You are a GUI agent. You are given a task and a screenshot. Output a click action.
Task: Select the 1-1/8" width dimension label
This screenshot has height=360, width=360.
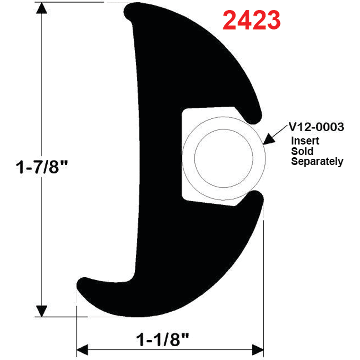tap(163, 340)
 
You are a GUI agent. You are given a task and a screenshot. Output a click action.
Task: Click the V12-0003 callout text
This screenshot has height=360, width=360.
tap(316, 128)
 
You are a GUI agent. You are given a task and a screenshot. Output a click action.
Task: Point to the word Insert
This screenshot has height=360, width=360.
tap(305, 141)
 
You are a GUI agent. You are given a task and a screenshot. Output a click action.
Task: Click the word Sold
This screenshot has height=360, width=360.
tap(302, 151)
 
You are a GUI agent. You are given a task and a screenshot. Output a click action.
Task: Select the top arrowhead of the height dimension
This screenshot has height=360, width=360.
tap(42, 9)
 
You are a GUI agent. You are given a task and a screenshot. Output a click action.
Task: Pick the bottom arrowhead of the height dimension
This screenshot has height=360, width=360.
tap(42, 310)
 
